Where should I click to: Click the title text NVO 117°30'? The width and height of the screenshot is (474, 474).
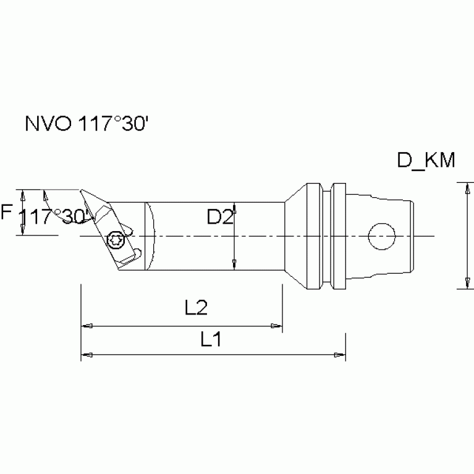tap(86, 124)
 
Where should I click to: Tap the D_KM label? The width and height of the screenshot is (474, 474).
tap(426, 162)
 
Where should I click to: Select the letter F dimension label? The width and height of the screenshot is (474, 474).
tap(7, 213)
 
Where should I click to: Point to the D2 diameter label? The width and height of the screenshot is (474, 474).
tap(221, 217)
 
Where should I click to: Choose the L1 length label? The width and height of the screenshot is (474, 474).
tap(212, 339)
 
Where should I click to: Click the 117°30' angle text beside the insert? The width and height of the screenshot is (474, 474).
tap(54, 216)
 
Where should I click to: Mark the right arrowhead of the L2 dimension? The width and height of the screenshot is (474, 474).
tap(277, 325)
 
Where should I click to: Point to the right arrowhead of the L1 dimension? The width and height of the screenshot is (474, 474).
tap(340, 355)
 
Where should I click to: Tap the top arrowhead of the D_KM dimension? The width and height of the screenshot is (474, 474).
tap(463, 187)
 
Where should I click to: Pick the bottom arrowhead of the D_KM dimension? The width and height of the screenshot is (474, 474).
tap(463, 284)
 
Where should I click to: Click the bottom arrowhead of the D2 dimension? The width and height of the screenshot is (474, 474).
tap(234, 265)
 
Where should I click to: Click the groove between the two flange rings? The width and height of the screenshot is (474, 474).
tap(327, 236)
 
